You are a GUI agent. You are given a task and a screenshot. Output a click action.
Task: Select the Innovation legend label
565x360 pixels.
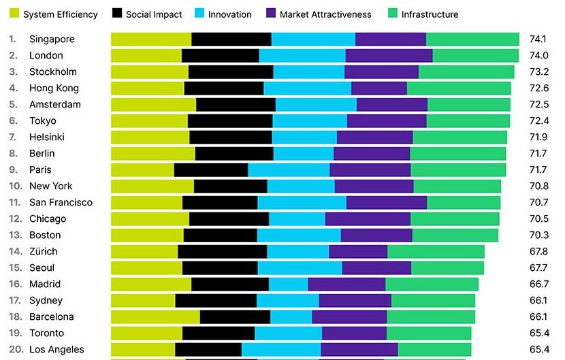point(229,14)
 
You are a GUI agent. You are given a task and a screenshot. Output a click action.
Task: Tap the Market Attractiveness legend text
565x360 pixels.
point(325,14)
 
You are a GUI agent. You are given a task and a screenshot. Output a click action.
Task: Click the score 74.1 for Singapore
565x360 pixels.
point(539,39)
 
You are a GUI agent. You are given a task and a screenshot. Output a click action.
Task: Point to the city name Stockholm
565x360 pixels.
point(53,71)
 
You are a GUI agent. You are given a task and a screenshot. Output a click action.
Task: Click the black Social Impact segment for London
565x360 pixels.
point(220,55)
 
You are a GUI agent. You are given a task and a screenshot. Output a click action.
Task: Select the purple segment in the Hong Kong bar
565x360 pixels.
point(378,88)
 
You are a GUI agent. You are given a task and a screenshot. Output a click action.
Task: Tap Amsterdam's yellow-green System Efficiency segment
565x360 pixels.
point(153,104)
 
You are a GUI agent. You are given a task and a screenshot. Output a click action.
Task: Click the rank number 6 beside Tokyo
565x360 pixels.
point(12,120)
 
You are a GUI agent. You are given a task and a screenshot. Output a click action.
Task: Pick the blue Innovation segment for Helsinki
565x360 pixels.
point(304,137)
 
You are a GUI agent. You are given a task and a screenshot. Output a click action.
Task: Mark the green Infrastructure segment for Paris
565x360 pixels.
point(458,169)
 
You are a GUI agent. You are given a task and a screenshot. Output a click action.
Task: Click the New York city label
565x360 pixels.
point(51,186)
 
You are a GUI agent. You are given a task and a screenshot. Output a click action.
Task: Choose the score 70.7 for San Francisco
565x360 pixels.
point(539,202)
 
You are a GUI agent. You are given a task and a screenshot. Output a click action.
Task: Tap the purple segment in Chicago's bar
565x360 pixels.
point(368,218)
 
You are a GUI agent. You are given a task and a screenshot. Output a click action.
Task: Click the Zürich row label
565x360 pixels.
point(44,251)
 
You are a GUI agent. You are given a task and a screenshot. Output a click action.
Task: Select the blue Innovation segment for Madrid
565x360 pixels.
point(288,284)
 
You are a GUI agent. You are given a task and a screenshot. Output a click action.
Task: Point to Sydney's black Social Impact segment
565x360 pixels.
point(215,300)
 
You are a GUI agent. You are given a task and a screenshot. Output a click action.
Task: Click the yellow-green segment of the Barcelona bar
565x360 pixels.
point(155,316)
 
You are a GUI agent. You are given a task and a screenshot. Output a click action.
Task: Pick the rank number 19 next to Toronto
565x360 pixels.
point(15,333)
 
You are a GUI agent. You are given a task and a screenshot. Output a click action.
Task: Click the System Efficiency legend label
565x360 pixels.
point(61,14)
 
